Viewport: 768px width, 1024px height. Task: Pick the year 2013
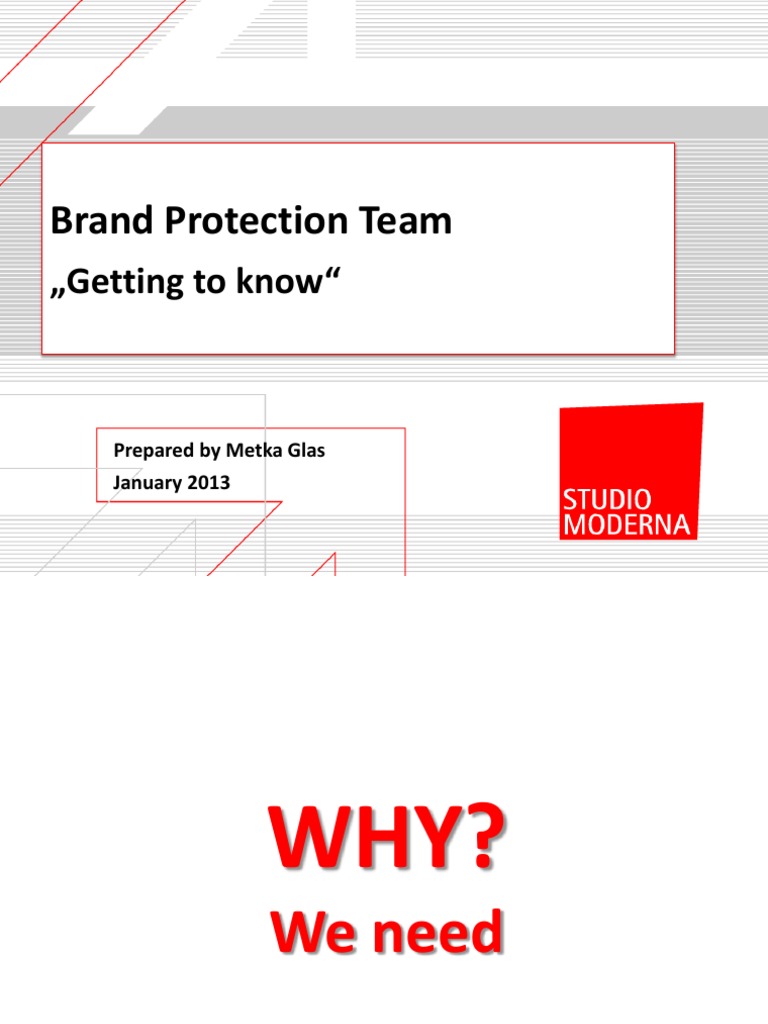click(210, 483)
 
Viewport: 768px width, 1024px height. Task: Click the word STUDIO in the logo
click(607, 499)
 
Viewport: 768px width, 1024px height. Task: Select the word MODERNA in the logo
click(628, 524)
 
